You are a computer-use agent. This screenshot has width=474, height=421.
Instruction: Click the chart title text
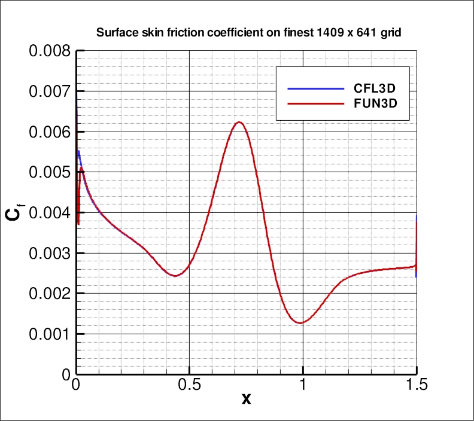point(248,33)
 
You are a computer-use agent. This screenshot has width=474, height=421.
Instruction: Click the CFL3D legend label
point(375,89)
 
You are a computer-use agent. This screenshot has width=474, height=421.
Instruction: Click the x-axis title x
point(246,399)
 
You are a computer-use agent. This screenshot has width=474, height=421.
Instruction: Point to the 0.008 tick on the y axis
point(49,51)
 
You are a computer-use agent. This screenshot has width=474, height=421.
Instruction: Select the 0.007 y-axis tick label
point(49,91)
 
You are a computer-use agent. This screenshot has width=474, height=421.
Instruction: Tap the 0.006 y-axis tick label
point(49,132)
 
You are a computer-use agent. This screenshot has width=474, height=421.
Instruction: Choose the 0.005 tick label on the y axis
point(49,172)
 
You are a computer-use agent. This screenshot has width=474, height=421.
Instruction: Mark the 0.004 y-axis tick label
point(49,213)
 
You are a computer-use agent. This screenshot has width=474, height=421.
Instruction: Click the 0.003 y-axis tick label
point(49,253)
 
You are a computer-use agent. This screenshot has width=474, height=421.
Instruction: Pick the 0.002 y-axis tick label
point(49,294)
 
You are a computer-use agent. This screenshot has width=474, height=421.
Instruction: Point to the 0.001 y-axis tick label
point(49,334)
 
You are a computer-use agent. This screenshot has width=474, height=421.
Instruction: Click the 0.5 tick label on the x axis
point(189,386)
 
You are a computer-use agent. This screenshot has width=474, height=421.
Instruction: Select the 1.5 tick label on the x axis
point(416,386)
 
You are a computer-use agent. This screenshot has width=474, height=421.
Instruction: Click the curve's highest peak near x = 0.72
point(239,122)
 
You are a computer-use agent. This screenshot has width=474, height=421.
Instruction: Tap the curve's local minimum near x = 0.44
point(175,276)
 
